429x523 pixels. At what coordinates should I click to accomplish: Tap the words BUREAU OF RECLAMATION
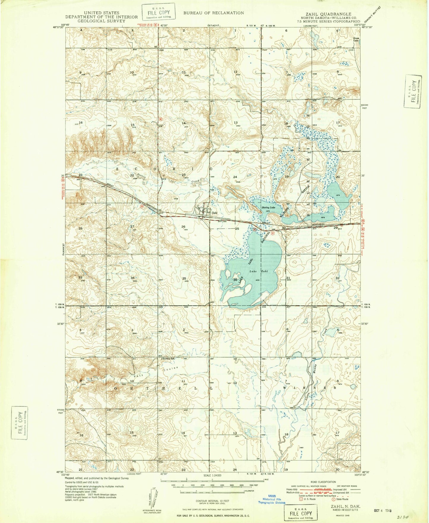coord(213,13)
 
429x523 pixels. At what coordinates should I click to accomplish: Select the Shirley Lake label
coord(268,208)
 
